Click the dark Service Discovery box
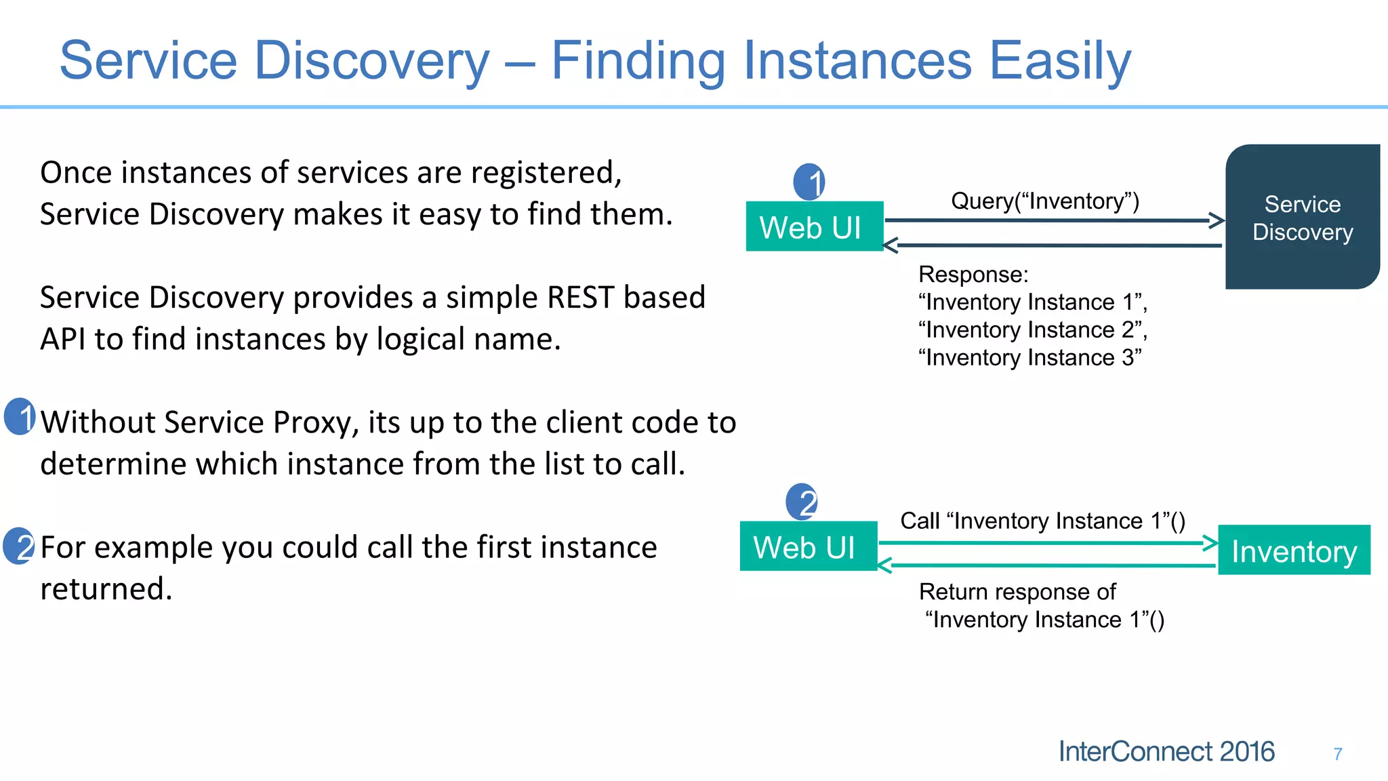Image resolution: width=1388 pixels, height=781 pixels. pyautogui.click(x=1302, y=217)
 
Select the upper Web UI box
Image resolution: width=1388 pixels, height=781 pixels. pyautogui.click(x=814, y=226)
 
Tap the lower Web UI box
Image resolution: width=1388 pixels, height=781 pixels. pyautogui.click(x=808, y=546)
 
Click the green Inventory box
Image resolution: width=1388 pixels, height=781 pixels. pyautogui.click(x=1294, y=550)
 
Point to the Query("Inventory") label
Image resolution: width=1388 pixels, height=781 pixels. pyautogui.click(x=1044, y=201)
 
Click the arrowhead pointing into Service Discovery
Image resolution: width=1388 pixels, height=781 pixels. pyautogui.click(x=1218, y=220)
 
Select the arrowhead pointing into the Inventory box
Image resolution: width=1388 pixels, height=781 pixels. pyautogui.click(x=1210, y=543)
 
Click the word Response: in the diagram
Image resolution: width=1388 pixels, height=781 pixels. pyautogui.click(x=973, y=275)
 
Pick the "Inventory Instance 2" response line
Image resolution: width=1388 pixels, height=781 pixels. pyautogui.click(x=1032, y=330)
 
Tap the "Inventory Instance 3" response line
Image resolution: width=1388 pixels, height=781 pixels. pyautogui.click(x=1029, y=358)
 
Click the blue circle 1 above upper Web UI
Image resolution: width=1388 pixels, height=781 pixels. pyautogui.click(x=809, y=182)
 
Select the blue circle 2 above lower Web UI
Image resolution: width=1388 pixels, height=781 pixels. pyautogui.click(x=802, y=502)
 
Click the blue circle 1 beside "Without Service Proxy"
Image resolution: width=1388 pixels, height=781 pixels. pyautogui.click(x=20, y=416)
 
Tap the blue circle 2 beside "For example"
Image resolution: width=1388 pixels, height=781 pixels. pyautogui.click(x=19, y=546)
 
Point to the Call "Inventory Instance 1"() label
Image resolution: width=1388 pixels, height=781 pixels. pyautogui.click(x=1042, y=521)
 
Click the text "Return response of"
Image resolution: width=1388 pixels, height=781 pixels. pyautogui.click(x=1017, y=592)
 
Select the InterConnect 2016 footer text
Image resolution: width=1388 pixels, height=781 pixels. pyautogui.click(x=1166, y=752)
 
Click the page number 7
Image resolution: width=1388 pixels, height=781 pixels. pyautogui.click(x=1337, y=754)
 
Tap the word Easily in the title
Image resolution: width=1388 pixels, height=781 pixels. pyautogui.click(x=1060, y=61)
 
